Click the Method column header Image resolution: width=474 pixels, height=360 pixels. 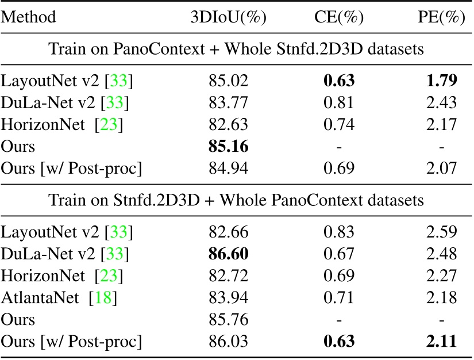[x=29, y=18]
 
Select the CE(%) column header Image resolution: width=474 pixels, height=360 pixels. [x=338, y=18]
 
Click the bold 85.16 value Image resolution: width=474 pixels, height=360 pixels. [x=229, y=147]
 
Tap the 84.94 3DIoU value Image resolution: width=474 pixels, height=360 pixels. [x=229, y=168]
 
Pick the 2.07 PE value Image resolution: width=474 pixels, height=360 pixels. [x=441, y=168]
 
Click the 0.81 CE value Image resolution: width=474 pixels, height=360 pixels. [x=338, y=103]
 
